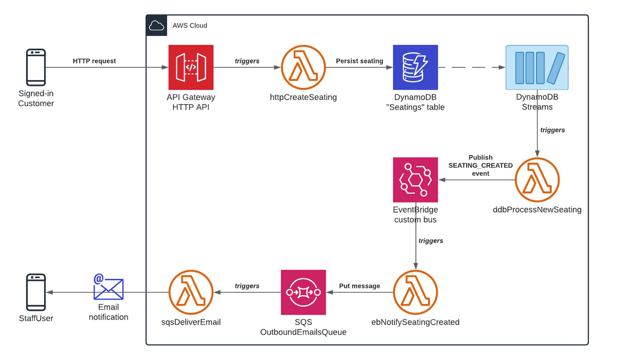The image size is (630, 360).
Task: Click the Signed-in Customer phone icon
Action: pos(36,67)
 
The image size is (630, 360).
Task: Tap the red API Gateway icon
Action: pos(191,67)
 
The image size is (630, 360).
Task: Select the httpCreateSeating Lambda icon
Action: pos(303,67)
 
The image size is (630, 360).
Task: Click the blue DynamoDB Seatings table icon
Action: pos(415,67)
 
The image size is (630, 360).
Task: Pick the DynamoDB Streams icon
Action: pos(537,67)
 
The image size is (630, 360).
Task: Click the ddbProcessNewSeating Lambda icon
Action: pos(537,180)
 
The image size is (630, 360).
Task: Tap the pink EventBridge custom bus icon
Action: pos(415,180)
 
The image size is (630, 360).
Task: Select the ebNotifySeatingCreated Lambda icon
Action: pos(415,292)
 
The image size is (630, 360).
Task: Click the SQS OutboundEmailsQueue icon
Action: pos(303,292)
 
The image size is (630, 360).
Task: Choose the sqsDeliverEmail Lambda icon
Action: pos(191,292)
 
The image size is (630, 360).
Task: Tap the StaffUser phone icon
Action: pos(36,292)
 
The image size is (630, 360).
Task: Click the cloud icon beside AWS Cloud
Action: pos(156,26)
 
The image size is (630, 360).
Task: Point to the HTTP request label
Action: pos(94,61)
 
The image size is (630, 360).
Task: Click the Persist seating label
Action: pos(359,61)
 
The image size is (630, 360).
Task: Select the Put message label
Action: pos(359,286)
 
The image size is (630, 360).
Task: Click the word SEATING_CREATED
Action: pos(480,166)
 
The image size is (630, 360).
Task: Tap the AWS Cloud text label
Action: pos(190,26)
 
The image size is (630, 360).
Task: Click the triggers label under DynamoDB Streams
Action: pos(552,130)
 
